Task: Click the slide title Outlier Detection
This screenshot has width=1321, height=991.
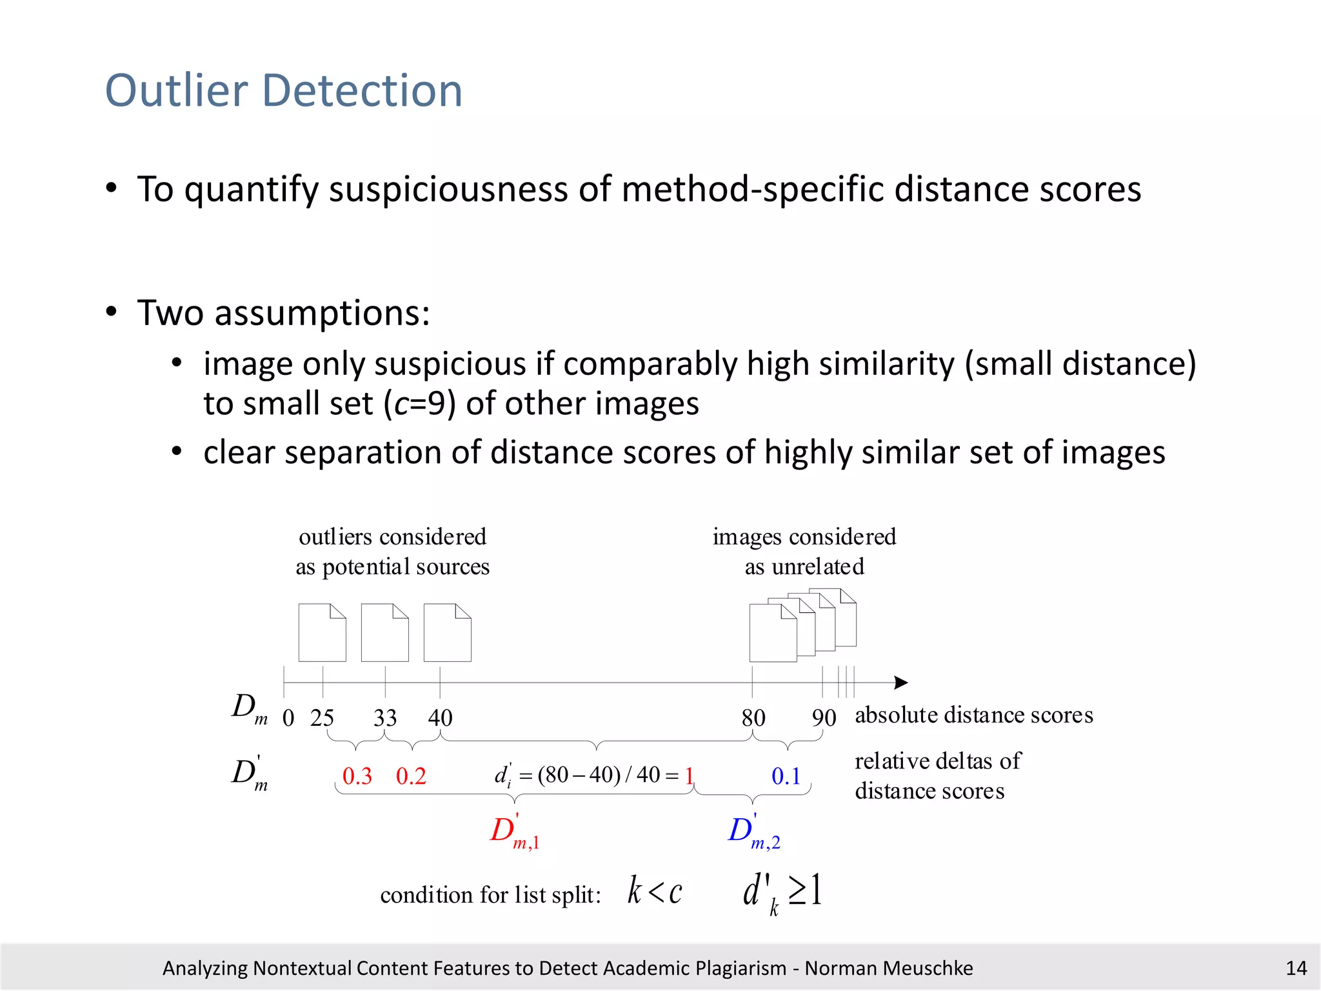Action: point(284,90)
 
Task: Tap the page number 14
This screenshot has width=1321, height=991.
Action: point(1296,968)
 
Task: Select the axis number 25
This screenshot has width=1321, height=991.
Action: point(322,717)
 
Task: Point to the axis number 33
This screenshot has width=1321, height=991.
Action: point(385,717)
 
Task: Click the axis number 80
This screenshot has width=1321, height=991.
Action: point(753,717)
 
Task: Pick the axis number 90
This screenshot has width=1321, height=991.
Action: point(824,717)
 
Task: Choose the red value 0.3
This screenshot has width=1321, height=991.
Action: point(357,776)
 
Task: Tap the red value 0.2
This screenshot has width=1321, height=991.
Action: point(411,776)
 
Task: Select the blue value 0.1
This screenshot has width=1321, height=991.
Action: point(786,776)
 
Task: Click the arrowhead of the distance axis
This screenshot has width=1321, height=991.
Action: point(902,683)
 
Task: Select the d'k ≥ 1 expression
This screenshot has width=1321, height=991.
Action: point(782,892)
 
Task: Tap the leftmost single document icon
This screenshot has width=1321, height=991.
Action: point(322,633)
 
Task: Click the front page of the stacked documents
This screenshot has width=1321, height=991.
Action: point(772,634)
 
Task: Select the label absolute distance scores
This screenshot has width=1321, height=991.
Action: point(973,715)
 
